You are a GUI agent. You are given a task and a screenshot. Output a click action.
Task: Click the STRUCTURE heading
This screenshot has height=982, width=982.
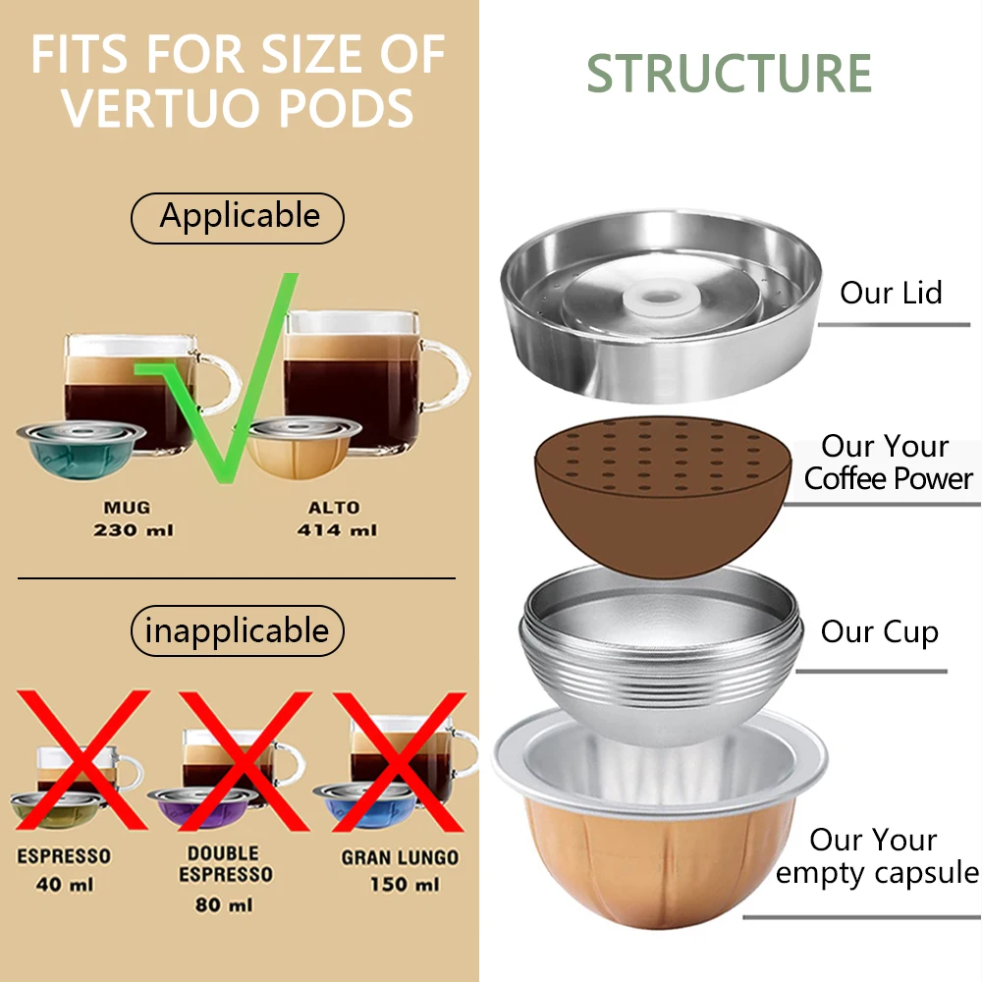730,75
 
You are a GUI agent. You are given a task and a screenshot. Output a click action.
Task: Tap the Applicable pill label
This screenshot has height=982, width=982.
239,217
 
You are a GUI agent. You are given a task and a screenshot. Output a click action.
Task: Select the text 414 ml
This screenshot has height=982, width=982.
337,530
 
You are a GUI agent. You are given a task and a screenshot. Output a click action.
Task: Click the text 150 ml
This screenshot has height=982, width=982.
403,884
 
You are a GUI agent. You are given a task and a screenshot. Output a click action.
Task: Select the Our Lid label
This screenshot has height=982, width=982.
891,293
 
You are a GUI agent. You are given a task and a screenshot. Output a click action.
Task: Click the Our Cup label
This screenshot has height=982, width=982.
879,631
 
